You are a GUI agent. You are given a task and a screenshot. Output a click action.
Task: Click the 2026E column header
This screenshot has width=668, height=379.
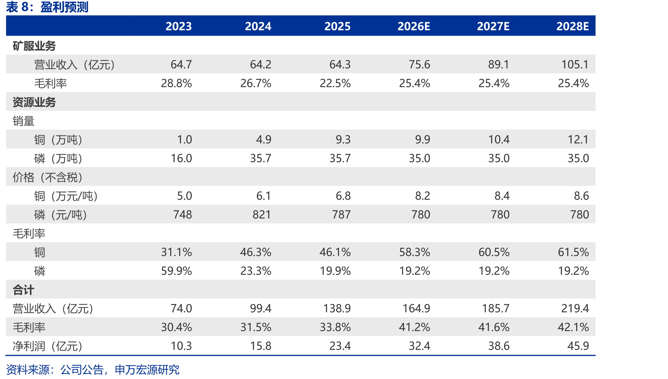point(414,26)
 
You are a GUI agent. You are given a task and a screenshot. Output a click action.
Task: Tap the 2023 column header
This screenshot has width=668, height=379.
point(179,26)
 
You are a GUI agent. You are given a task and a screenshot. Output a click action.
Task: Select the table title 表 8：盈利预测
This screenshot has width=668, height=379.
point(47,7)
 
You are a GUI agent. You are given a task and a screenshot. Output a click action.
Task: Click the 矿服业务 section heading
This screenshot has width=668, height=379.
point(34,46)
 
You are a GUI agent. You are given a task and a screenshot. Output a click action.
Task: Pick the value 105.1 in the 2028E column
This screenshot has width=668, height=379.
point(575,64)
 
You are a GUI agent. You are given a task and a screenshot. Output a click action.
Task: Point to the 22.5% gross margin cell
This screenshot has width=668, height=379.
point(335,83)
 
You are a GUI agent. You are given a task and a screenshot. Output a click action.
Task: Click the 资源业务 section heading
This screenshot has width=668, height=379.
point(34,102)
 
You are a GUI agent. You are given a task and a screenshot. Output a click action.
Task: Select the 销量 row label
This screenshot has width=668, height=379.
point(23,121)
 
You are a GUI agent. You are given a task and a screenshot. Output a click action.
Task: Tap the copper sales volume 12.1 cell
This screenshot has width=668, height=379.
point(578,139)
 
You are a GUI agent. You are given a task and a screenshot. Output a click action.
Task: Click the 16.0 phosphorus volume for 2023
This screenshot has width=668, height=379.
point(181,158)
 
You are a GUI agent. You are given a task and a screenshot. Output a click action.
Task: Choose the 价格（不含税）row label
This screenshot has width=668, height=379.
point(48,177)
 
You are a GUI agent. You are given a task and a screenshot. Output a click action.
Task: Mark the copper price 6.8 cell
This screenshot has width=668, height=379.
point(343,196)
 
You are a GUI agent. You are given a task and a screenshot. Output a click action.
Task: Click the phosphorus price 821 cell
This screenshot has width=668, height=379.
point(262,214)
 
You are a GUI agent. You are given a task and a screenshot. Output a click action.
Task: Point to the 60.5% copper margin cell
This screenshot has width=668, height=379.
point(494,252)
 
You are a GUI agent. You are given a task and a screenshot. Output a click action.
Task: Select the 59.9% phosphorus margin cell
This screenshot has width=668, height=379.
point(176,271)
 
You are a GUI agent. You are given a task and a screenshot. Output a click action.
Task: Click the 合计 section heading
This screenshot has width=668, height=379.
point(23,290)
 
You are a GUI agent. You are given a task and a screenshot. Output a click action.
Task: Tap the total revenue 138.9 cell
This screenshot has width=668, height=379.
point(337,308)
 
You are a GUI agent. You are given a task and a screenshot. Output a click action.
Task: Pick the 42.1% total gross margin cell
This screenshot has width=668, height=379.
point(573,327)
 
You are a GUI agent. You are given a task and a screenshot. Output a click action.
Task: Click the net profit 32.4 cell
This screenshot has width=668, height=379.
point(419,346)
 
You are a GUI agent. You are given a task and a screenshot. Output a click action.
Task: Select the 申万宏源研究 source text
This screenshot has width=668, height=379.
point(147,370)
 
